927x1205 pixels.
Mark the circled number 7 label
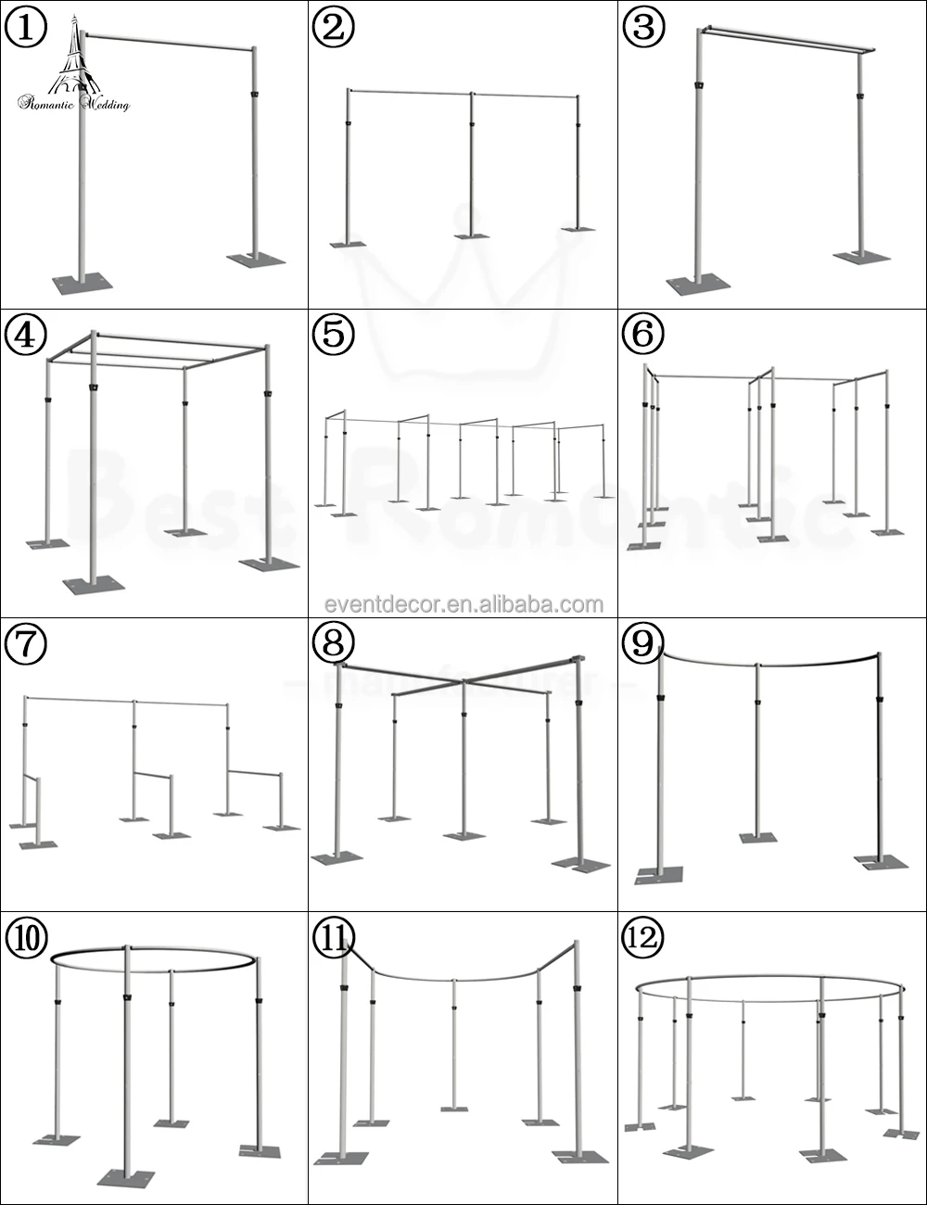point(25,643)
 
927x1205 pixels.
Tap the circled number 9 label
point(642,643)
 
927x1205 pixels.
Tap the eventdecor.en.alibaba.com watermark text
point(463,604)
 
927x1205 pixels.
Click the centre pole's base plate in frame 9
point(758,838)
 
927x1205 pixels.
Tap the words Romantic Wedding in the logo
point(74,104)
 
